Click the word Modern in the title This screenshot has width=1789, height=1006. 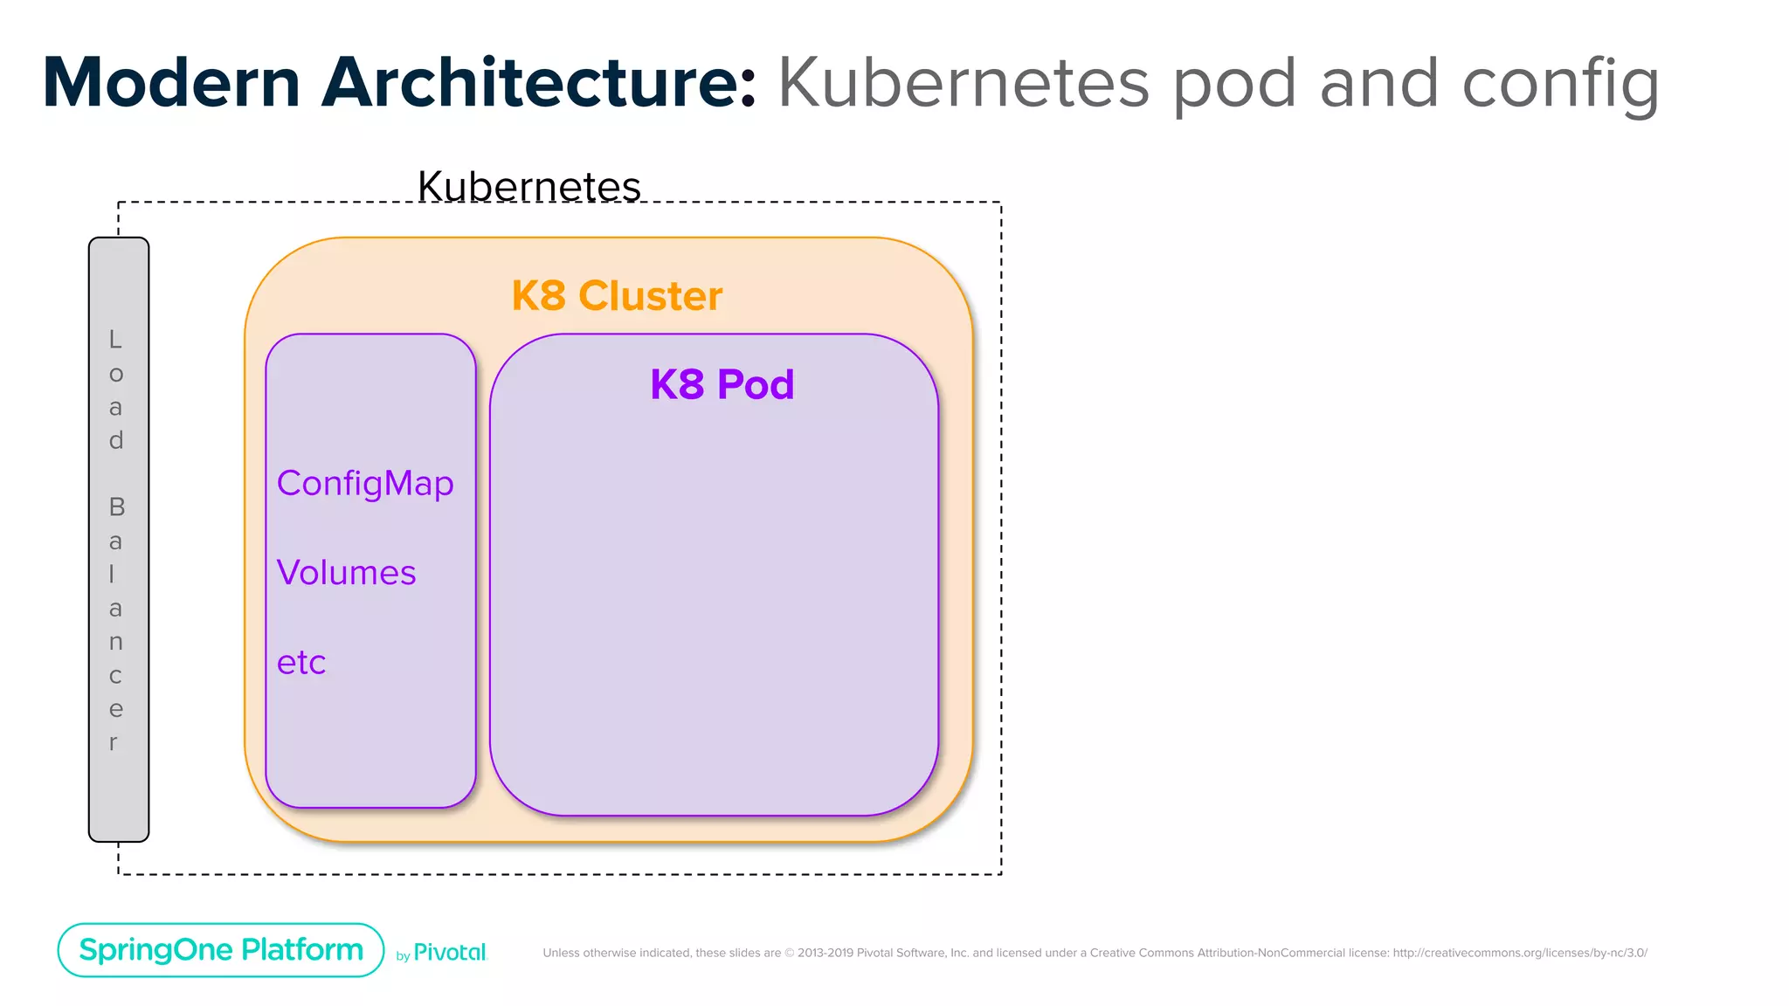pyautogui.click(x=171, y=84)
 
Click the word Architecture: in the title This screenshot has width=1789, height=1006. pyautogui.click(x=538, y=84)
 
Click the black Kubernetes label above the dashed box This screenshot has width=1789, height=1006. pyautogui.click(x=528, y=186)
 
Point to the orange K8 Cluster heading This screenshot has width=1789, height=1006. pyautogui.click(x=617, y=296)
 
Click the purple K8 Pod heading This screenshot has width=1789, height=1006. pyautogui.click(x=722, y=385)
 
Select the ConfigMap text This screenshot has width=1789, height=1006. pyautogui.click(x=365, y=484)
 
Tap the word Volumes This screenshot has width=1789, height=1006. pyautogui.click(x=346, y=573)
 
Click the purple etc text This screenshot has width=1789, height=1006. pyautogui.click(x=300, y=663)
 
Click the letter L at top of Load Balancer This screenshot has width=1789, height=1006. pyautogui.click(x=115, y=340)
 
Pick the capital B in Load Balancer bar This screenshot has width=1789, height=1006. pyautogui.click(x=116, y=507)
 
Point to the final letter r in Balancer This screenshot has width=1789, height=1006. pyautogui.click(x=114, y=743)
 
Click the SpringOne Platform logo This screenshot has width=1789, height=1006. pyautogui.click(x=221, y=950)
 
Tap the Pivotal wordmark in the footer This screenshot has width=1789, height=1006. pyautogui.click(x=450, y=953)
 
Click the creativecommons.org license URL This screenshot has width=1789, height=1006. pyautogui.click(x=1519, y=953)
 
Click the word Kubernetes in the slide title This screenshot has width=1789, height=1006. pyautogui.click(x=963, y=84)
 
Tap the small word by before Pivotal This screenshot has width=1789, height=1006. pyautogui.click(x=403, y=956)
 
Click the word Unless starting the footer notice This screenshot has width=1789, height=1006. pyautogui.click(x=561, y=953)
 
